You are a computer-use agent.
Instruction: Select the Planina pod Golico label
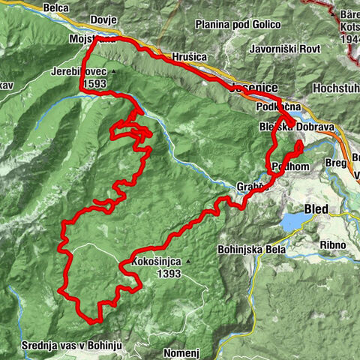tap(228, 25)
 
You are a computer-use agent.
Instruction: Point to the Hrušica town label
tap(188, 56)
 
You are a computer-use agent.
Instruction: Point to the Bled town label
tap(317, 207)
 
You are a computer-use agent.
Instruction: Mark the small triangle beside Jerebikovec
tap(113, 73)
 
